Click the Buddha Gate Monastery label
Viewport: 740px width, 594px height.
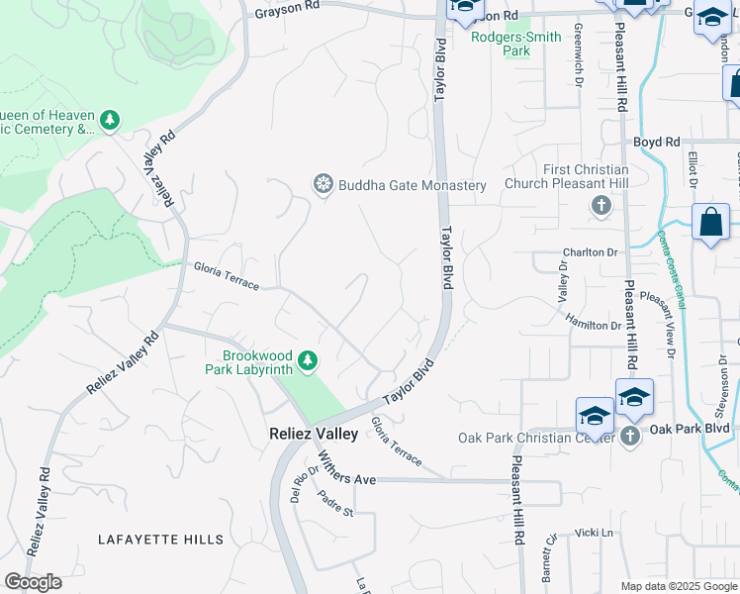[x=413, y=185]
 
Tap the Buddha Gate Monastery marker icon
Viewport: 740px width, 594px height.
[x=322, y=184]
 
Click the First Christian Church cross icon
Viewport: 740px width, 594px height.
[x=600, y=207]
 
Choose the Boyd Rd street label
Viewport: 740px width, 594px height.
[x=657, y=143]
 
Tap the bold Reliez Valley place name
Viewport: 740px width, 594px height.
[x=314, y=434]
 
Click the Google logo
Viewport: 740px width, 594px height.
[x=33, y=582]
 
